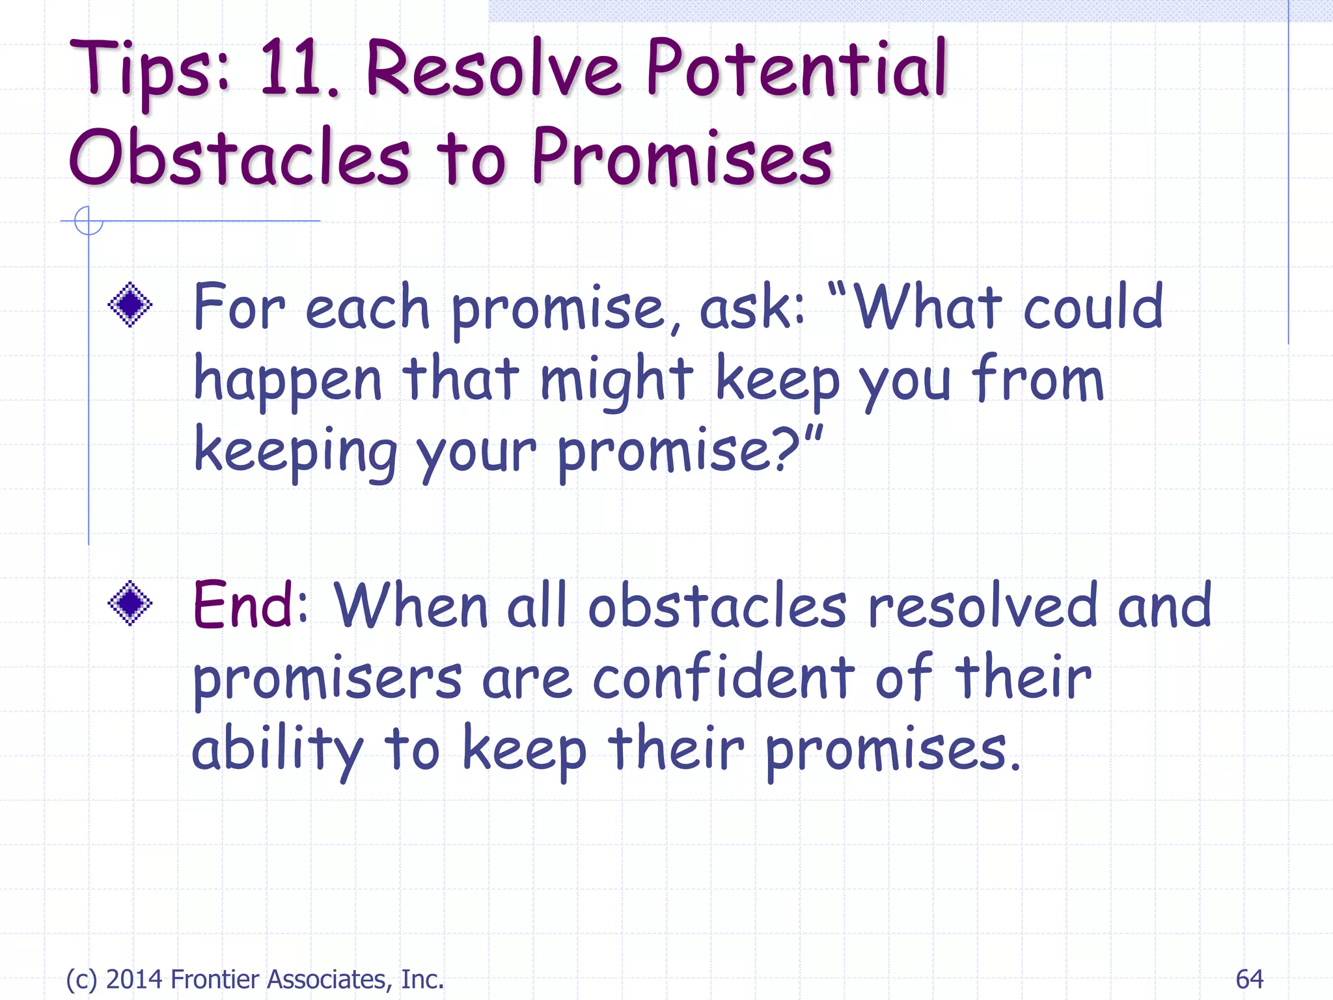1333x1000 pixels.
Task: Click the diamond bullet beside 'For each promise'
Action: click(x=130, y=304)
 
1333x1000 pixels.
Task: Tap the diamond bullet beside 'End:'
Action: click(x=130, y=603)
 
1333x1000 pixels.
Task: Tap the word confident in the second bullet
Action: click(x=723, y=678)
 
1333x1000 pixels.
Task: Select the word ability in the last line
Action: click(x=277, y=749)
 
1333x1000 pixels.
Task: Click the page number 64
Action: click(x=1249, y=979)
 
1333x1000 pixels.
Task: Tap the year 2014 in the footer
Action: click(x=135, y=979)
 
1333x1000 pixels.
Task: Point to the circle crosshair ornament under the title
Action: click(x=89, y=221)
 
